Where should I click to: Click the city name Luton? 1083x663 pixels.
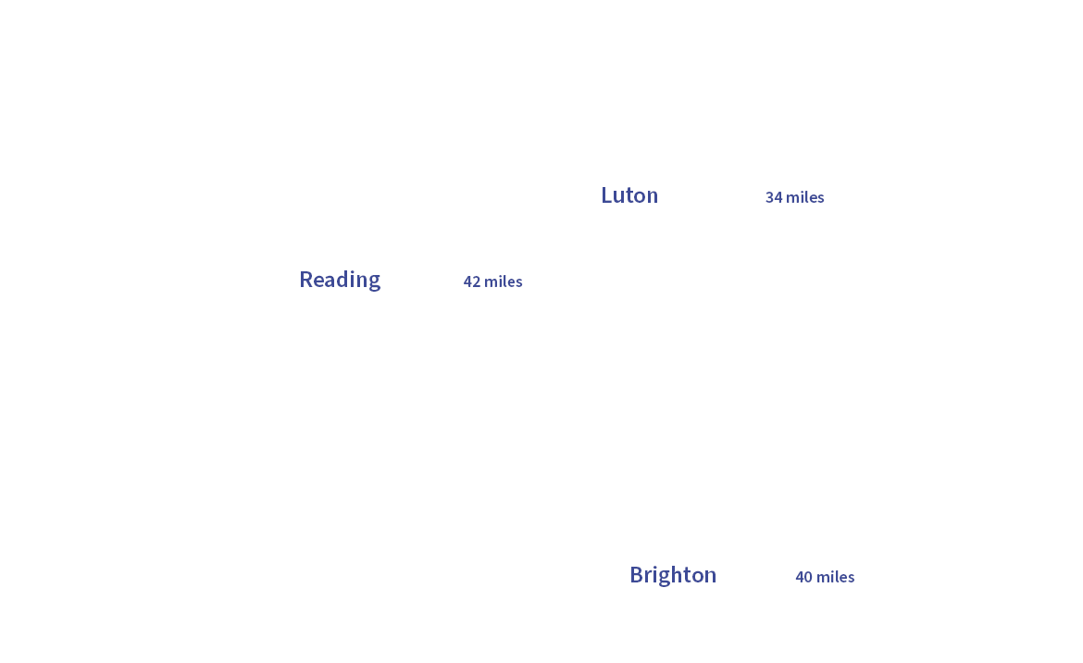pyautogui.click(x=629, y=195)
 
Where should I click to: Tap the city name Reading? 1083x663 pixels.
pyautogui.click(x=340, y=280)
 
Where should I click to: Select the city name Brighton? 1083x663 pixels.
pyautogui.click(x=673, y=575)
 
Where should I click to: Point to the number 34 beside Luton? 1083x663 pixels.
pyautogui.click(x=774, y=197)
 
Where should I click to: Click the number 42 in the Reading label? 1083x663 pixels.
pyautogui.click(x=472, y=281)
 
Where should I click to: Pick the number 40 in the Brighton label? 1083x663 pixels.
pyautogui.click(x=803, y=577)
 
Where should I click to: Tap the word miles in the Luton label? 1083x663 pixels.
pyautogui.click(x=805, y=197)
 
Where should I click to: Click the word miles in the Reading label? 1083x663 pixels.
pyautogui.click(x=504, y=281)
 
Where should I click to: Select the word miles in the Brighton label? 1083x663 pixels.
pyautogui.click(x=836, y=577)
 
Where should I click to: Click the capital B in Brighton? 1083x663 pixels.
pyautogui.click(x=637, y=575)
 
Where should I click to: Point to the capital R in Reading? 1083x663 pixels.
pyautogui.click(x=306, y=280)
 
